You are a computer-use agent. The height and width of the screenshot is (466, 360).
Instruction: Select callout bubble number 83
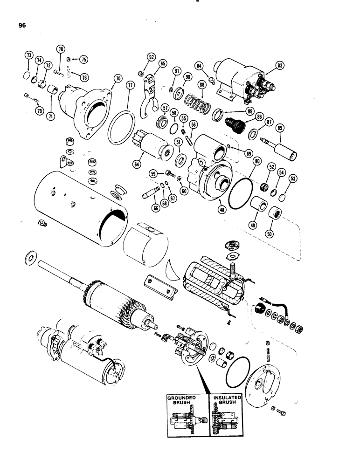point(280,65)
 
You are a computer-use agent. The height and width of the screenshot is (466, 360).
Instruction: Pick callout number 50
point(269,233)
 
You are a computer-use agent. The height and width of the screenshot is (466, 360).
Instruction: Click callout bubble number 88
point(202,85)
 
